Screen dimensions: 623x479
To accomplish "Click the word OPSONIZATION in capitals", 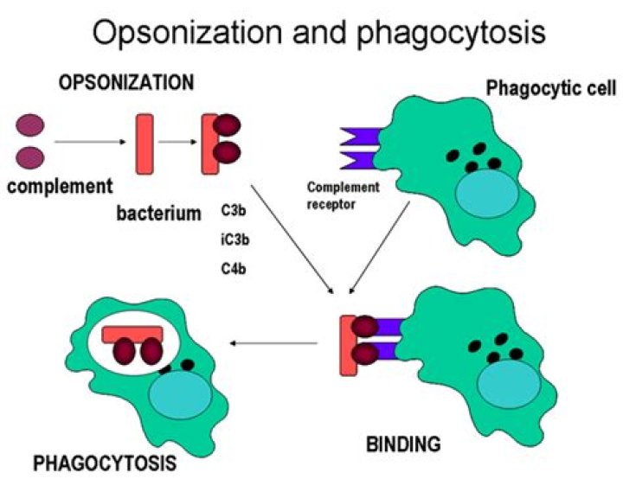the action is coord(126,83).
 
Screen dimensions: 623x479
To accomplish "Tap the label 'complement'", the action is coord(60,186).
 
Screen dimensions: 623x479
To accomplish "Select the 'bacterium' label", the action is coord(159,214).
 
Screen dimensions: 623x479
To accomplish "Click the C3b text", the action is coord(234,210).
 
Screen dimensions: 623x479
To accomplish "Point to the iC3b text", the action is coord(235,239).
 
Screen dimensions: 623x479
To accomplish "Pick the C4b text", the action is coord(234,269).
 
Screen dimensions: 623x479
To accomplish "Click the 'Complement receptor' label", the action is coord(344,195).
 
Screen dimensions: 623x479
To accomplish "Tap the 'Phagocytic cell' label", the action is coord(551,88).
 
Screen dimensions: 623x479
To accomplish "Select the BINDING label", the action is coord(403,444).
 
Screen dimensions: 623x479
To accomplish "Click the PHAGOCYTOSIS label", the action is coord(105,463).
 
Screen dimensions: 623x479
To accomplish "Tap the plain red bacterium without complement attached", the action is coord(145,144).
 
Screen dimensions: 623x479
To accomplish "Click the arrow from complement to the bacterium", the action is coord(90,142).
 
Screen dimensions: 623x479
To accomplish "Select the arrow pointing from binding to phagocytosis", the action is coord(273,342).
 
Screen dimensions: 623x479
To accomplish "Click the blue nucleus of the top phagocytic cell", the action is coord(487,195).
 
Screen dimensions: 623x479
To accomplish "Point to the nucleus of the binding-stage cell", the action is coord(509,384).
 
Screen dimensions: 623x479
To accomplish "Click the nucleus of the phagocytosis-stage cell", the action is coord(180,396).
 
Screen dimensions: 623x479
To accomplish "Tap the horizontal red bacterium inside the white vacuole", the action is coord(132,334).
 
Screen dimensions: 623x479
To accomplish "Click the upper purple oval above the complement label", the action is coord(29,125).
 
